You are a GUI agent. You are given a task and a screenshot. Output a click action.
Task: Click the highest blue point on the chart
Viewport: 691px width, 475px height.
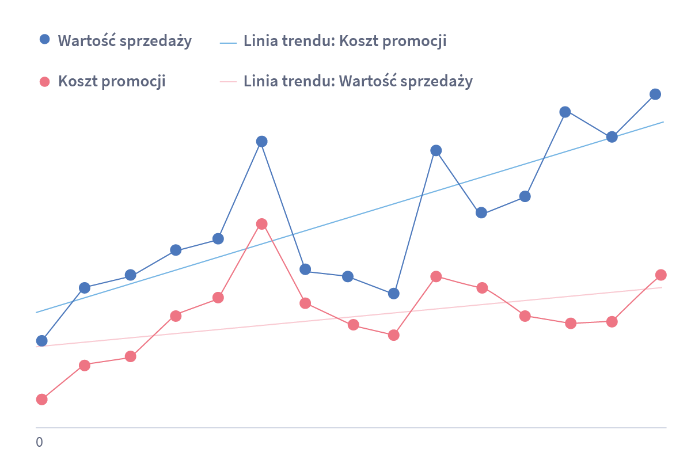click(x=655, y=94)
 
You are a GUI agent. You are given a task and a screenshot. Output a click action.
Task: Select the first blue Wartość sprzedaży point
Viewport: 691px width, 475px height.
click(x=41, y=341)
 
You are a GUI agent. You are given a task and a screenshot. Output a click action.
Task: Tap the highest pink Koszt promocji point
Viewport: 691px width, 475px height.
click(x=261, y=224)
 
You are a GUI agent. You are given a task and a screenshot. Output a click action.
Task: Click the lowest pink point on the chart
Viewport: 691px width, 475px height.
click(x=41, y=400)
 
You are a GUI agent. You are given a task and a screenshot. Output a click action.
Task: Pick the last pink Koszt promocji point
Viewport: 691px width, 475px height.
click(x=661, y=275)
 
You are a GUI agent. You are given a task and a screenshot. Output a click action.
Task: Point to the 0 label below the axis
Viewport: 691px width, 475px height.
click(x=39, y=443)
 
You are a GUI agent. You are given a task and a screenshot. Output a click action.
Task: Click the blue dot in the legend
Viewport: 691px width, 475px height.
click(x=44, y=40)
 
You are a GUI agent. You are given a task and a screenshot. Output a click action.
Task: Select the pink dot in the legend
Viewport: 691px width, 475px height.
click(x=44, y=81)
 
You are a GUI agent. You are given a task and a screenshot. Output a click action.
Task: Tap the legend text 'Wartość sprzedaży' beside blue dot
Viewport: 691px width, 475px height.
click(x=124, y=41)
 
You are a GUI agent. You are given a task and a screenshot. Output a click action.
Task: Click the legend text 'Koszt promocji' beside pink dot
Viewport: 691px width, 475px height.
click(x=112, y=81)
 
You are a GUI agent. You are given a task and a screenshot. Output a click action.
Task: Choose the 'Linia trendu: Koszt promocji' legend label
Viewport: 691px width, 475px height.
click(x=344, y=41)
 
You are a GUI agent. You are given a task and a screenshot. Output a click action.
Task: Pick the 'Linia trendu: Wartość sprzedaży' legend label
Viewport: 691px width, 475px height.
click(x=358, y=81)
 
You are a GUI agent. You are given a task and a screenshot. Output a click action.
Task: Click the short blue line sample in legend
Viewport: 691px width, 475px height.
click(x=229, y=43)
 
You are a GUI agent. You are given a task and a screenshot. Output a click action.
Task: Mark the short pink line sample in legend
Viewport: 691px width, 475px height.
click(x=229, y=82)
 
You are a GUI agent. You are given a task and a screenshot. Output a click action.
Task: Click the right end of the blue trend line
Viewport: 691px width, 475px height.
click(x=663, y=122)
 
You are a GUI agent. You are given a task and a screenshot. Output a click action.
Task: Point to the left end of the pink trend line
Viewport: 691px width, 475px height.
click(x=37, y=347)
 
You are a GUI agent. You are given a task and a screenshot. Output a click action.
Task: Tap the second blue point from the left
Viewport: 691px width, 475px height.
click(x=84, y=288)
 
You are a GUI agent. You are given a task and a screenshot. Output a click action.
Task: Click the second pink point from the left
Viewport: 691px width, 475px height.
click(x=84, y=365)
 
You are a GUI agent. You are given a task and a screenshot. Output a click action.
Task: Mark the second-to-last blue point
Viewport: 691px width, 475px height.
click(x=612, y=137)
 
